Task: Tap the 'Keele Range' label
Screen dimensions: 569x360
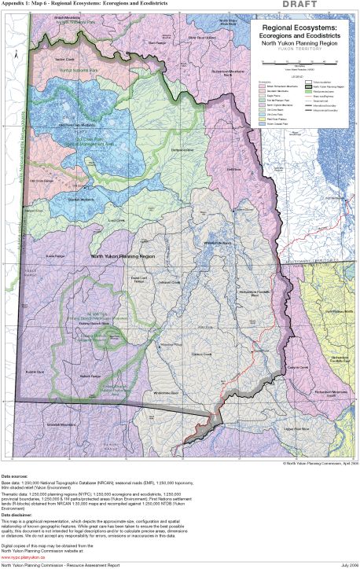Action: pos(55,255)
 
